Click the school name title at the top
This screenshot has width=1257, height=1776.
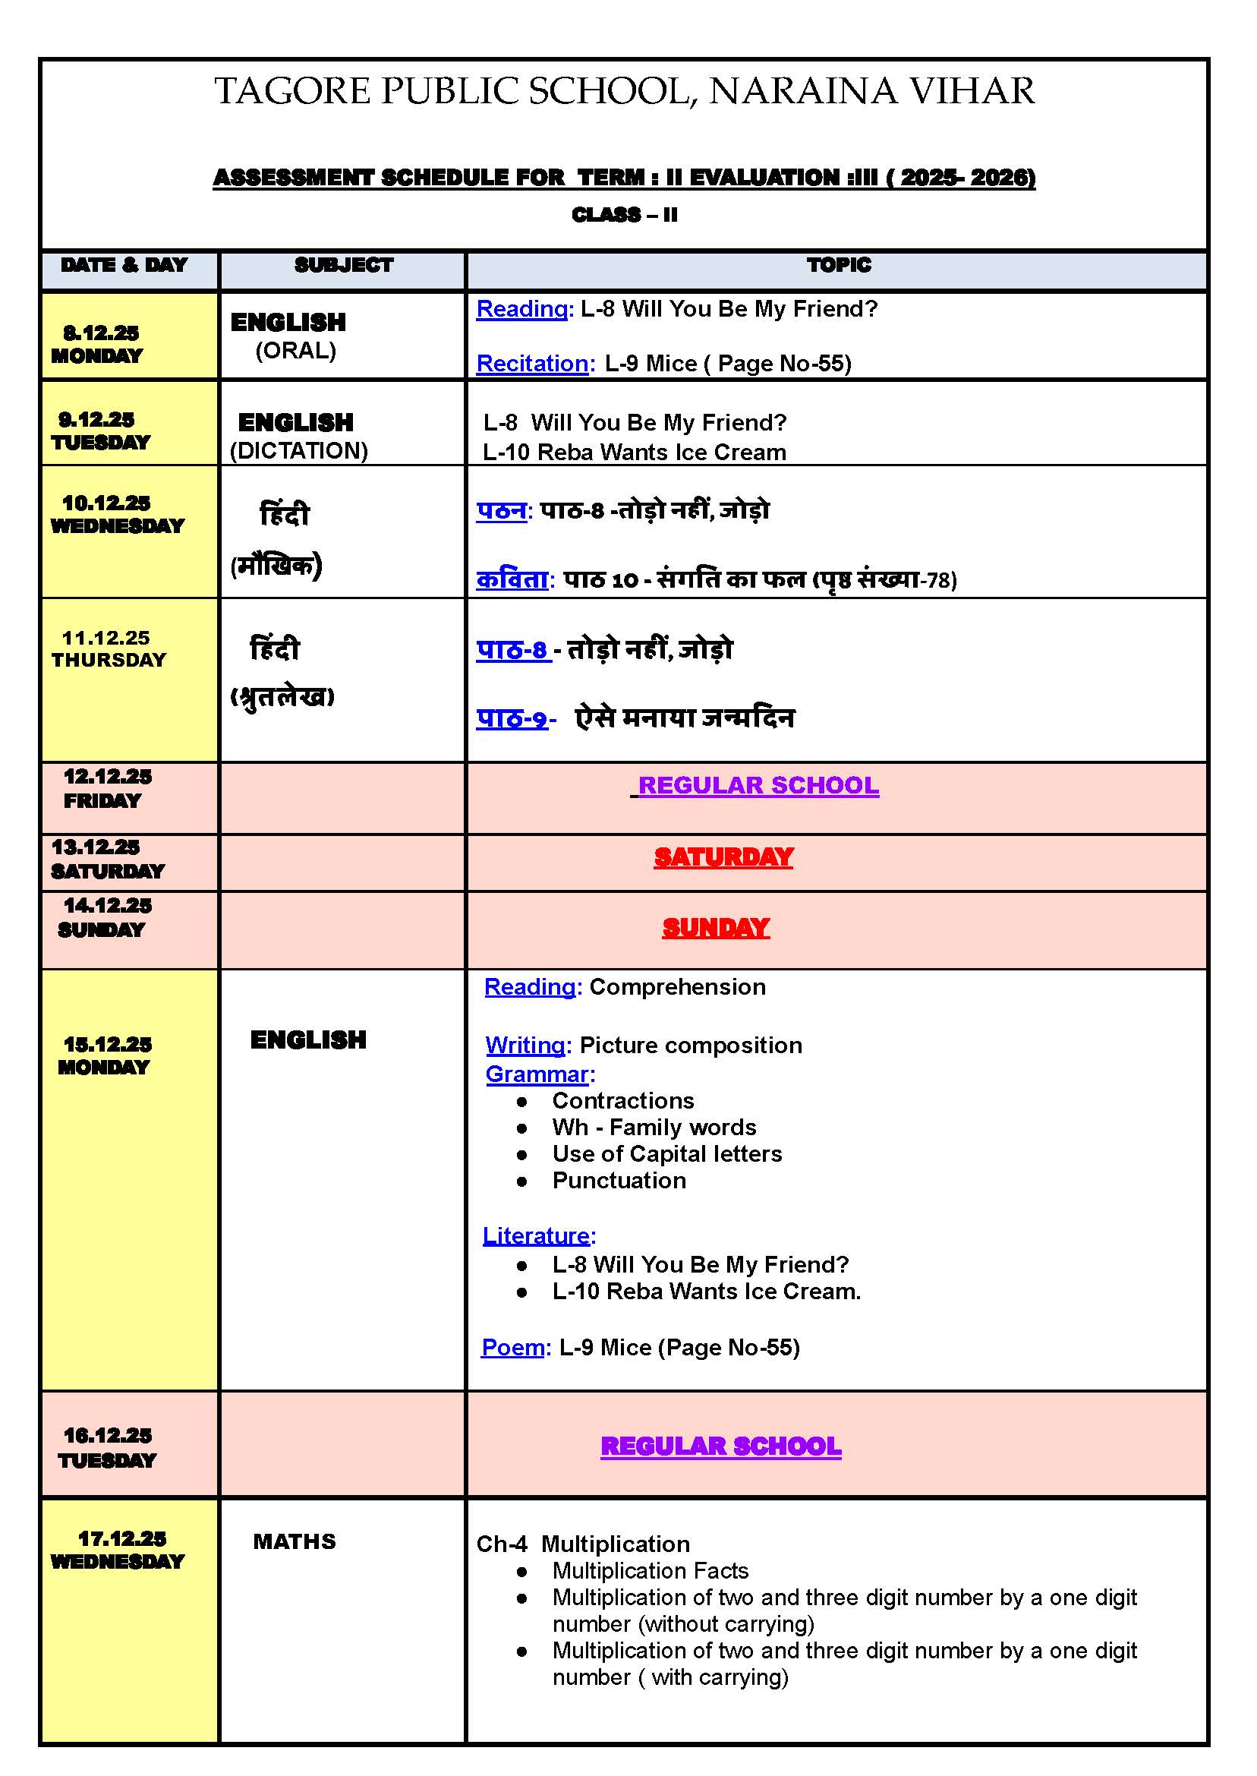tap(624, 91)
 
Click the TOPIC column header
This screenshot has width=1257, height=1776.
tap(838, 266)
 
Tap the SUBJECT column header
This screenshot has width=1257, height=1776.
tap(344, 266)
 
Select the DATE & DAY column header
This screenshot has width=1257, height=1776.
tap(124, 266)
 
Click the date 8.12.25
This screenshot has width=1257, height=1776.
tap(101, 333)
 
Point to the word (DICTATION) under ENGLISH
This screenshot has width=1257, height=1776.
tap(299, 450)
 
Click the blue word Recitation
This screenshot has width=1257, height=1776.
tap(532, 363)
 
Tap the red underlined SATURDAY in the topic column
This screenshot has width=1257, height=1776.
tap(723, 857)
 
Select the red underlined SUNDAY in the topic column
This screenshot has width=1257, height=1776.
tap(715, 928)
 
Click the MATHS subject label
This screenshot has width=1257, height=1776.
tap(294, 1541)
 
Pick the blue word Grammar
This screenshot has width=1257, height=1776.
tap(537, 1074)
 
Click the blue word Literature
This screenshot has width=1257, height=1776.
tap(536, 1235)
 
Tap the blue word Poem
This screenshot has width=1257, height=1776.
tap(512, 1347)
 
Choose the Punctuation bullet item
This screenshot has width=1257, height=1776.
tap(619, 1181)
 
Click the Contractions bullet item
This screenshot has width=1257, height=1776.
tap(622, 1101)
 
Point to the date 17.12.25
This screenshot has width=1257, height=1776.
tap(121, 1538)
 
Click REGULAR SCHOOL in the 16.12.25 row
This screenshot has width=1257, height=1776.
tap(720, 1446)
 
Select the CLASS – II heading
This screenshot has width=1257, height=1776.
tap(624, 215)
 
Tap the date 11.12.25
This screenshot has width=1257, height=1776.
tap(106, 638)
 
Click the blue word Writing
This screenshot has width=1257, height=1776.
tap(525, 1045)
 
